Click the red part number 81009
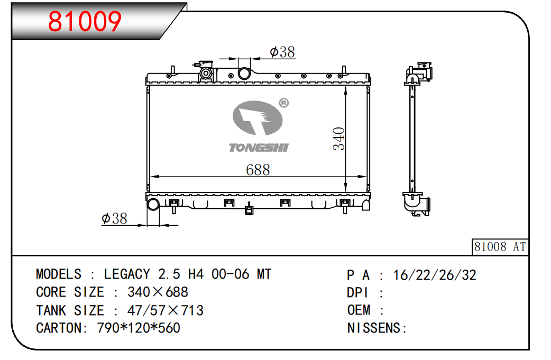[x=85, y=22]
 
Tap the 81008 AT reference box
[x=500, y=246]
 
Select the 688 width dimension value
[x=258, y=170]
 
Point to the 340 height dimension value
[x=339, y=139]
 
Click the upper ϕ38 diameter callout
[x=282, y=52]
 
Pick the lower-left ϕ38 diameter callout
[x=114, y=218]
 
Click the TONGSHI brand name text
[x=259, y=148]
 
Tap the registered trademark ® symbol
[x=283, y=103]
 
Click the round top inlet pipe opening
[x=244, y=74]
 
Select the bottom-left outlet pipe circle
[x=153, y=204]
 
